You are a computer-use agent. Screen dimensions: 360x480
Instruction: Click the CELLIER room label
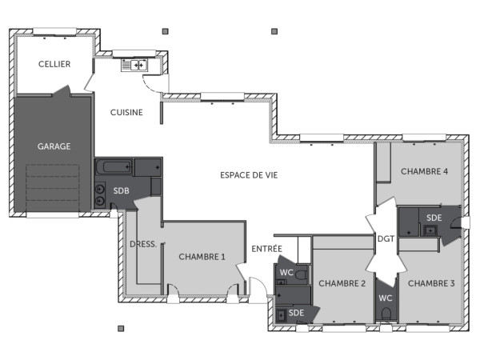tap(54, 64)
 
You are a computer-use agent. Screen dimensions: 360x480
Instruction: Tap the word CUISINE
tap(126, 113)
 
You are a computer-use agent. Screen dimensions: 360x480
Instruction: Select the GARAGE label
tap(54, 146)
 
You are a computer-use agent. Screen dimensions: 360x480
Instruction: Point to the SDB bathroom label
tap(121, 191)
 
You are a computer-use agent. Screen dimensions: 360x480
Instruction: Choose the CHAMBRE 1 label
tap(202, 257)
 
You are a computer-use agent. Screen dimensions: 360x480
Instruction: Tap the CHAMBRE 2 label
tap(342, 283)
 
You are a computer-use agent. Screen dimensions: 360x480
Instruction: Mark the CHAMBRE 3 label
tap(431, 283)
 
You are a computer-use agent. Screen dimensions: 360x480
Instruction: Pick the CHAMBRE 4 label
tap(424, 171)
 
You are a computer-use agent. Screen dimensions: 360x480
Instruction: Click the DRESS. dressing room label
tap(142, 244)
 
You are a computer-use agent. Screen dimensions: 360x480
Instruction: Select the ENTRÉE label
tap(266, 249)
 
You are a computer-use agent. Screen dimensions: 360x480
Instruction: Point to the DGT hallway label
tap(386, 238)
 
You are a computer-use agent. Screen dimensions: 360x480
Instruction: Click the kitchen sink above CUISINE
tap(134, 65)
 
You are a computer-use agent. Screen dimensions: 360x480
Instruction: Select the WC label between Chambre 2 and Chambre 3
tap(386, 298)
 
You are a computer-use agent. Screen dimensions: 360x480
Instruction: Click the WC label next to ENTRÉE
tap(286, 273)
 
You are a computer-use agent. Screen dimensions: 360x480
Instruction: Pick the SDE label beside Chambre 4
tap(433, 218)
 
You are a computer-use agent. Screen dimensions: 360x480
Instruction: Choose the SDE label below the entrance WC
tap(296, 312)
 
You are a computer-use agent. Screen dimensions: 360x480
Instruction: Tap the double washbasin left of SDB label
tap(101, 195)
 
